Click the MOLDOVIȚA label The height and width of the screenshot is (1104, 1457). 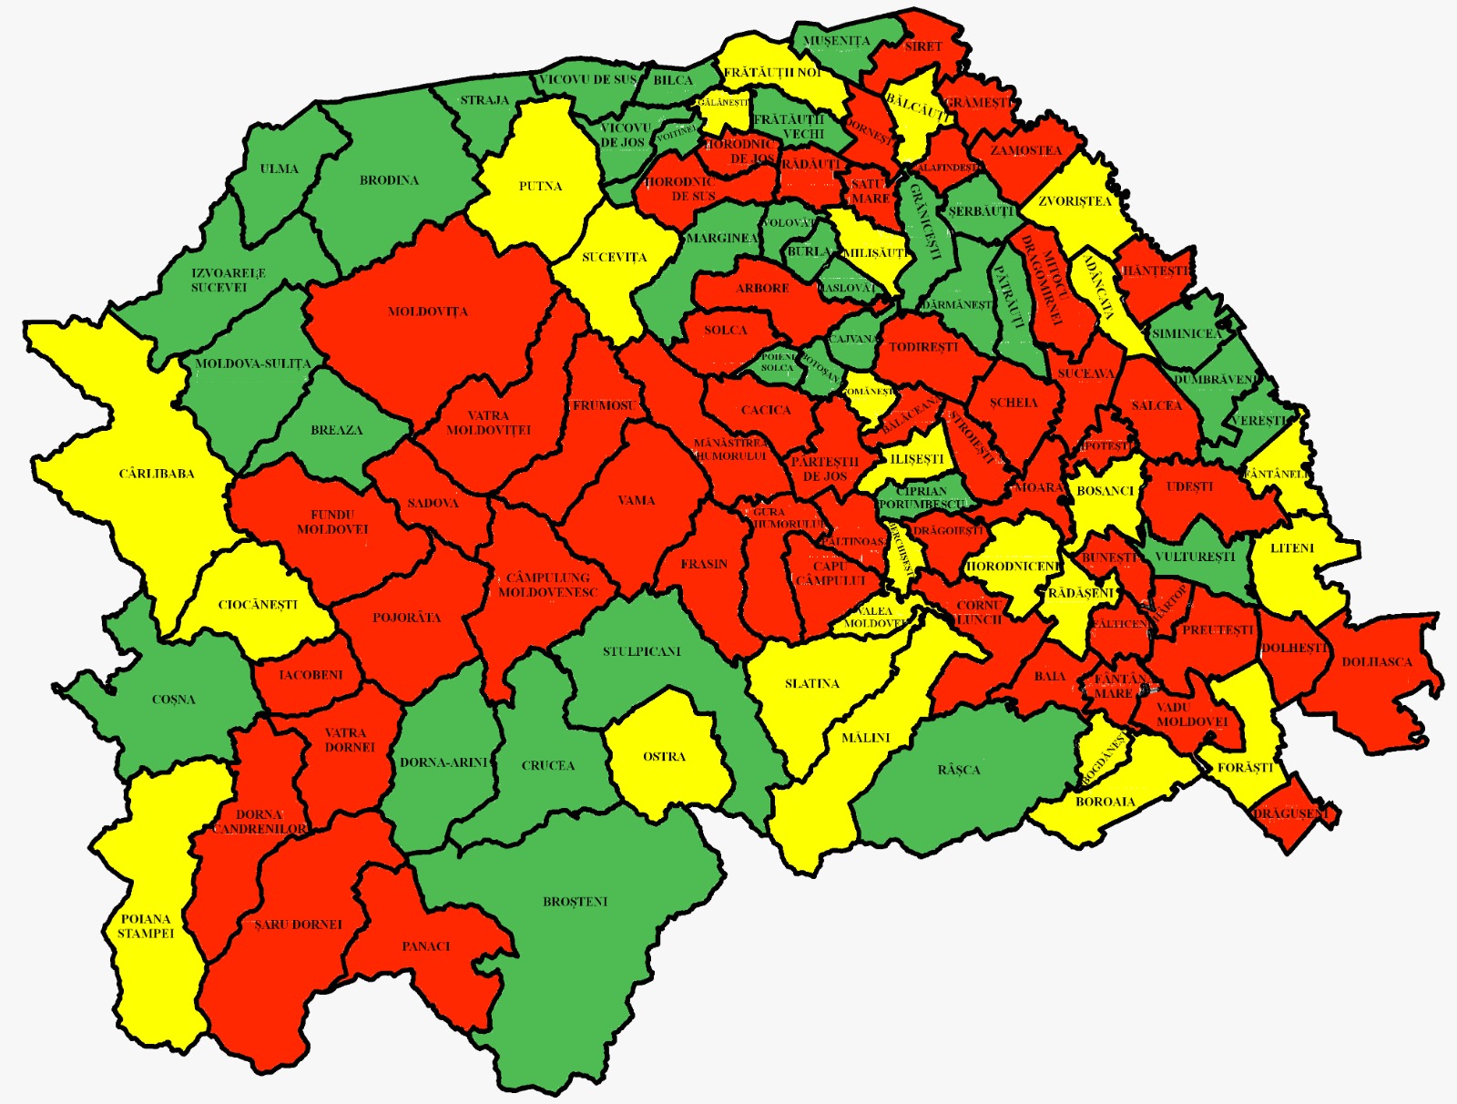pyautogui.click(x=428, y=312)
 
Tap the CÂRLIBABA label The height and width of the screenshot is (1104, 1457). pyautogui.click(x=157, y=474)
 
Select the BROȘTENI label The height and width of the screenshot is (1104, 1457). pyautogui.click(x=575, y=902)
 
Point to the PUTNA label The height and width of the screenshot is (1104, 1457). pyautogui.click(x=540, y=186)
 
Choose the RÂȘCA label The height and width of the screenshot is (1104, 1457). pyautogui.click(x=959, y=770)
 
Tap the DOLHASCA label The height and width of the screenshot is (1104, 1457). pyautogui.click(x=1376, y=662)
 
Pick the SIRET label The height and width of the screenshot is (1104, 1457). pyautogui.click(x=923, y=46)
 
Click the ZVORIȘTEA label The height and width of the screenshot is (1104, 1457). pyautogui.click(x=1075, y=201)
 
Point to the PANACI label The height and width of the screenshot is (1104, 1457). pyautogui.click(x=426, y=946)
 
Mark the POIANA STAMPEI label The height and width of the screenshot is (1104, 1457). pyautogui.click(x=146, y=925)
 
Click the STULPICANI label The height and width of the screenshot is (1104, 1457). pyautogui.click(x=641, y=651)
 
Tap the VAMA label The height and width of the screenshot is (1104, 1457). pyautogui.click(x=637, y=500)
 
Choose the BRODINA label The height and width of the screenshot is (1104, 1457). pyautogui.click(x=389, y=180)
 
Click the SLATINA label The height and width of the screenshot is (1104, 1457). pyautogui.click(x=811, y=683)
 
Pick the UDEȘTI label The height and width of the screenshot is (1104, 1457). pyautogui.click(x=1189, y=486)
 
